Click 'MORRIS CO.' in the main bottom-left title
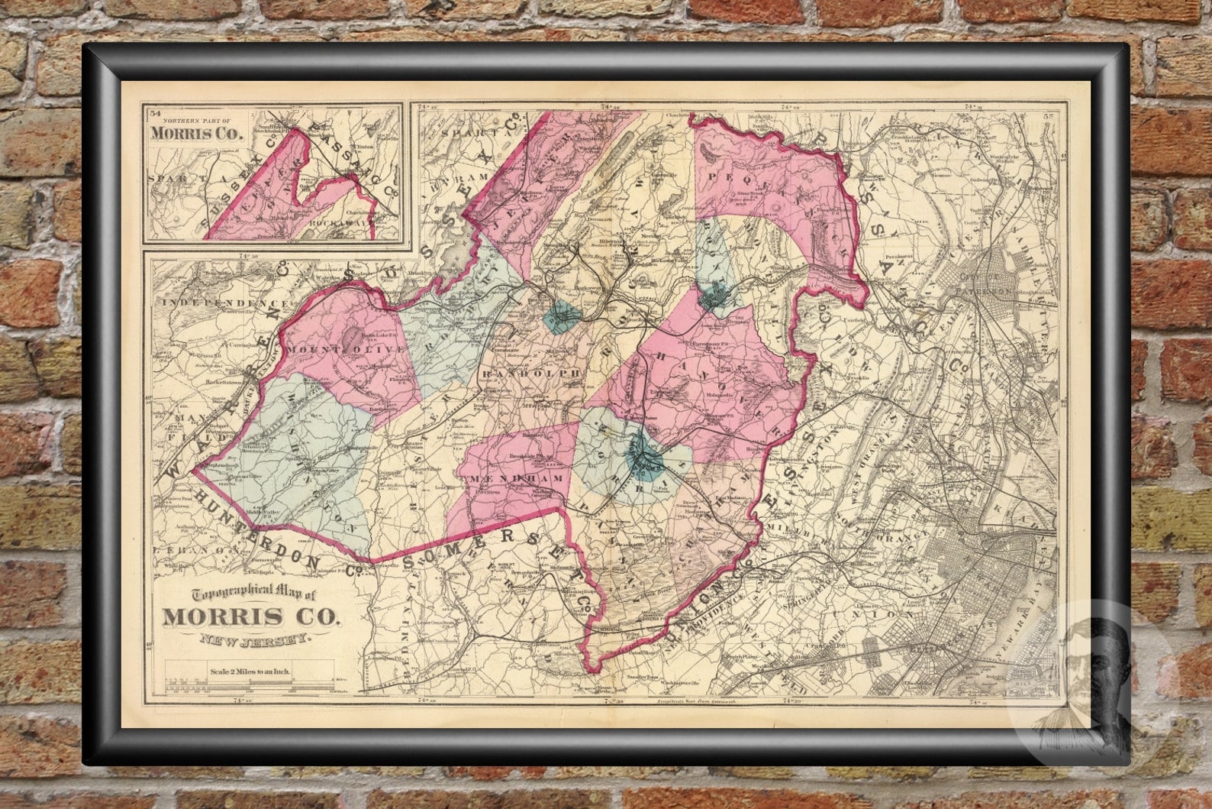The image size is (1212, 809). click(x=250, y=618)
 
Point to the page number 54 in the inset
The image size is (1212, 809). click(x=155, y=113)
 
